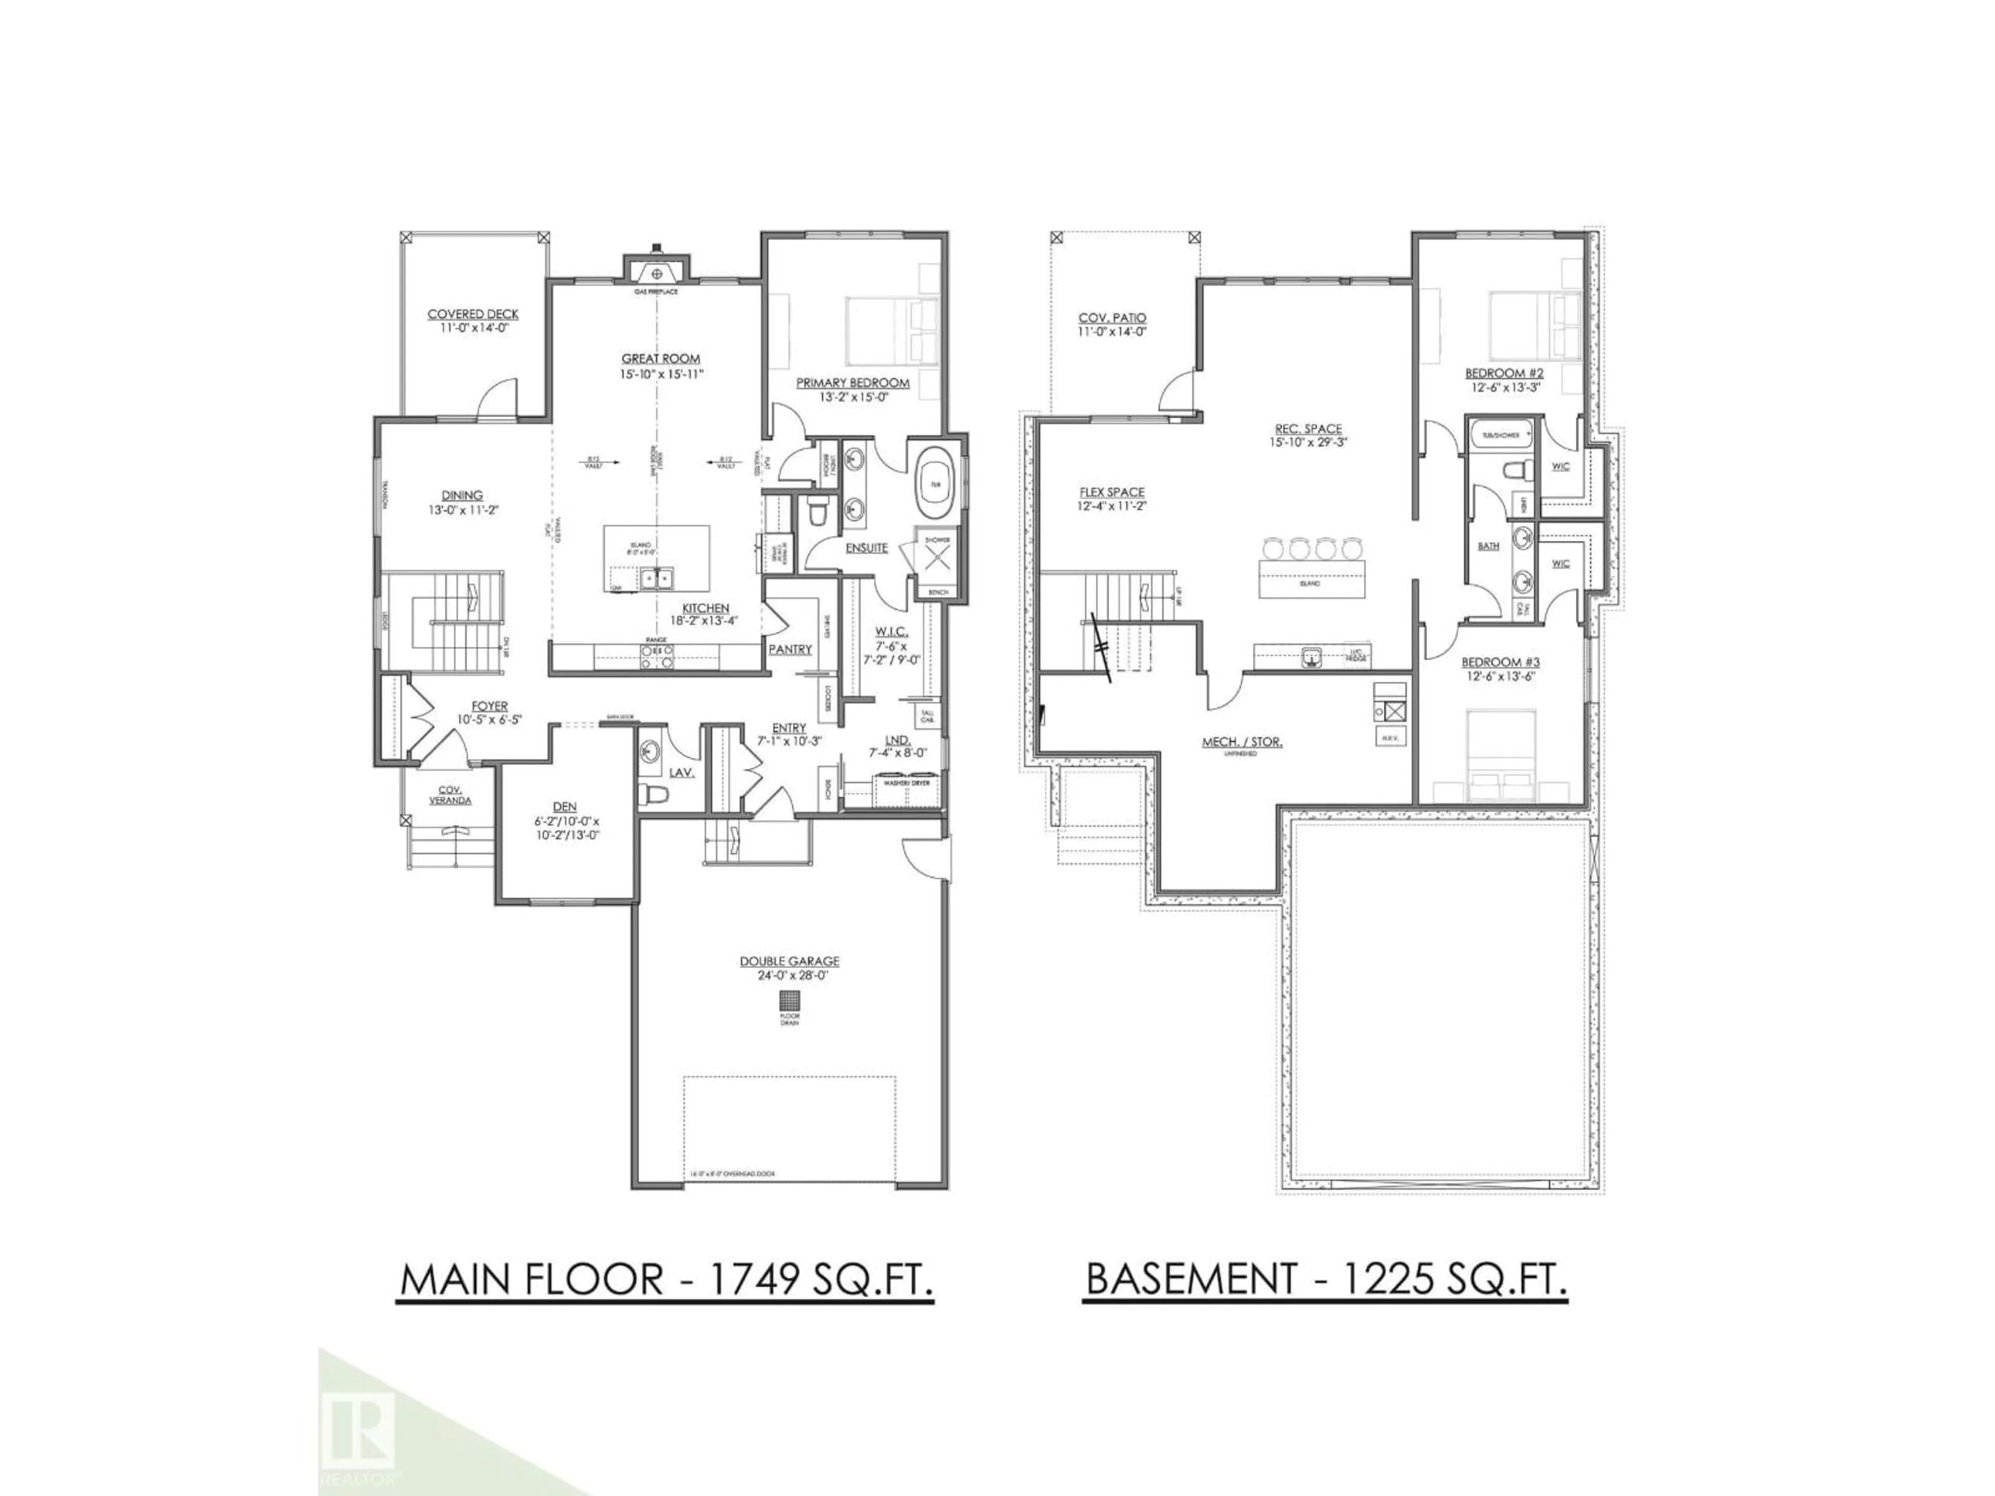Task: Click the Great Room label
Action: tap(660, 359)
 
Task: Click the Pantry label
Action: tap(790, 649)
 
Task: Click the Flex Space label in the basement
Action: tap(1111, 492)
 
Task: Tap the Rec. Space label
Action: tap(1308, 429)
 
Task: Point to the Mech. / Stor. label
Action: tap(1242, 742)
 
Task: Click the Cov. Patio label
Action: tap(1112, 318)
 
